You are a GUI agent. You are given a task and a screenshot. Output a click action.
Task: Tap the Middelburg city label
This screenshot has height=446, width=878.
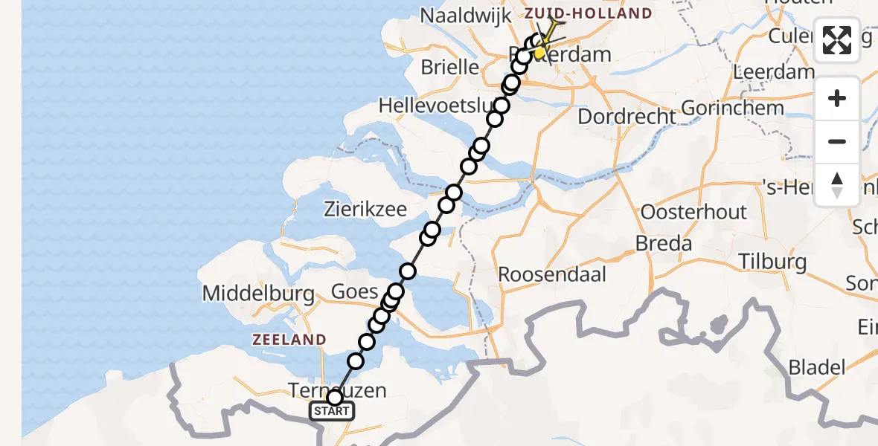tap(258, 294)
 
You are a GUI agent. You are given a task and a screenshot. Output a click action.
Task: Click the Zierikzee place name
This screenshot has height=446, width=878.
tap(365, 209)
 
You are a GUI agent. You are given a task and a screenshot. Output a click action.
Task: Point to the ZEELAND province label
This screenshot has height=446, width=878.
tap(289, 340)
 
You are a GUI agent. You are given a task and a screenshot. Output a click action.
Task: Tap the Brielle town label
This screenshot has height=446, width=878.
tap(449, 67)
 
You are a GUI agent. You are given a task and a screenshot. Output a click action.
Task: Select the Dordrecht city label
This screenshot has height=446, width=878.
tap(627, 116)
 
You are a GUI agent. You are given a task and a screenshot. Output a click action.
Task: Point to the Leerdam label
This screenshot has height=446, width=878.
tap(773, 72)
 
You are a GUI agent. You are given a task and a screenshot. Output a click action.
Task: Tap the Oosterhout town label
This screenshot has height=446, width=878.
tap(693, 212)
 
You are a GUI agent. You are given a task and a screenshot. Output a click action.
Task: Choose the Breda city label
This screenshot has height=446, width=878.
tap(664, 243)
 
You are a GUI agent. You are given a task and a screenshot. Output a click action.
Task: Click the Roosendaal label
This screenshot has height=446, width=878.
tap(552, 274)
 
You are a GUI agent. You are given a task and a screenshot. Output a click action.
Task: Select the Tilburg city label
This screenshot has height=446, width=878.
tap(773, 261)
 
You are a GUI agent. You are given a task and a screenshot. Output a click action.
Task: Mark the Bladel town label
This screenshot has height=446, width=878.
tap(816, 366)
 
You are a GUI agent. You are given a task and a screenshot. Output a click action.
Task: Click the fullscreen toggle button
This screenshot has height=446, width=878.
tap(837, 40)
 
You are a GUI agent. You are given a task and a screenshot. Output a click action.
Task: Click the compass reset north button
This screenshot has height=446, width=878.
tap(837, 184)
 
